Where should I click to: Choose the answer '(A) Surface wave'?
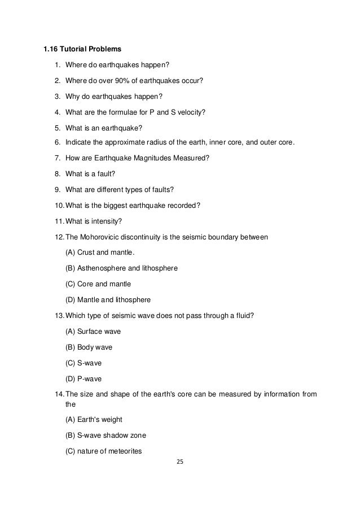[93, 331]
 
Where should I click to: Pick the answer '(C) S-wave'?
[85, 362]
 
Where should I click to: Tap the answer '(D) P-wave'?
[85, 378]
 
